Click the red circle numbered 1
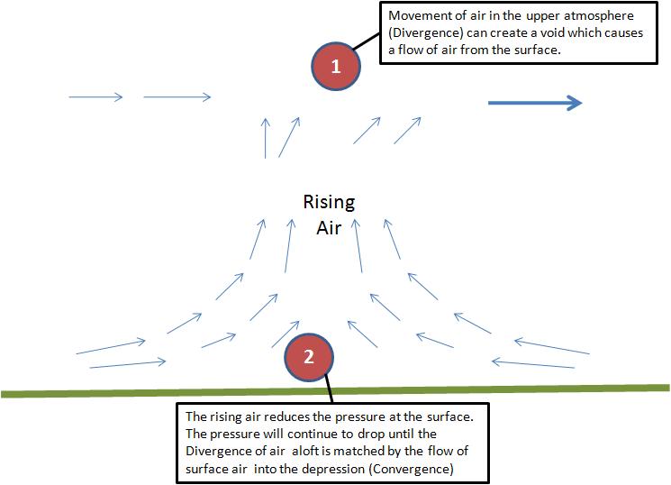336,66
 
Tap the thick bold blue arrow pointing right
535,104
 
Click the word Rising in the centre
330,202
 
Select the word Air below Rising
328,227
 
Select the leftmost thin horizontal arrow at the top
95,96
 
